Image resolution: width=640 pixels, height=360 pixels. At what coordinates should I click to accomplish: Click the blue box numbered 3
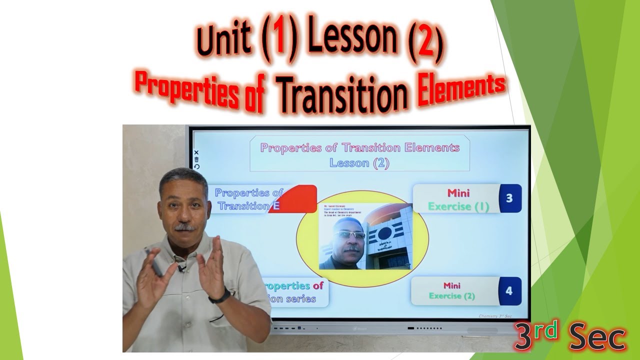[x=509, y=198]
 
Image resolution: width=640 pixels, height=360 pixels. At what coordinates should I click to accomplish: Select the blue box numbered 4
[x=509, y=291]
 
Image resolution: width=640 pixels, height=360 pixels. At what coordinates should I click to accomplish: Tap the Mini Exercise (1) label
[x=458, y=199]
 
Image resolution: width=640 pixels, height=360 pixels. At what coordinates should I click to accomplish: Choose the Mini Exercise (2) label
[x=451, y=291]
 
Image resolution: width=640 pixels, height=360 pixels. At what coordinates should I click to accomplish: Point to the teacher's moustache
[x=184, y=227]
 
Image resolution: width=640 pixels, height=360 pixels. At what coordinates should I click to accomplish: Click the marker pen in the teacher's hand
[x=154, y=262]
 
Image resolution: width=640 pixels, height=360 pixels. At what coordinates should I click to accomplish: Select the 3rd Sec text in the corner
[x=570, y=337]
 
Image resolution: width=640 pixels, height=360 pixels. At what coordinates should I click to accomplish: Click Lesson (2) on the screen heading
[x=359, y=162]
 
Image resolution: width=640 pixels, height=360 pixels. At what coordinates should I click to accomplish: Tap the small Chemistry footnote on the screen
[x=494, y=316]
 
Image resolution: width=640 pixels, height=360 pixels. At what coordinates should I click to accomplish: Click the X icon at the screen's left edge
[x=196, y=152]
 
